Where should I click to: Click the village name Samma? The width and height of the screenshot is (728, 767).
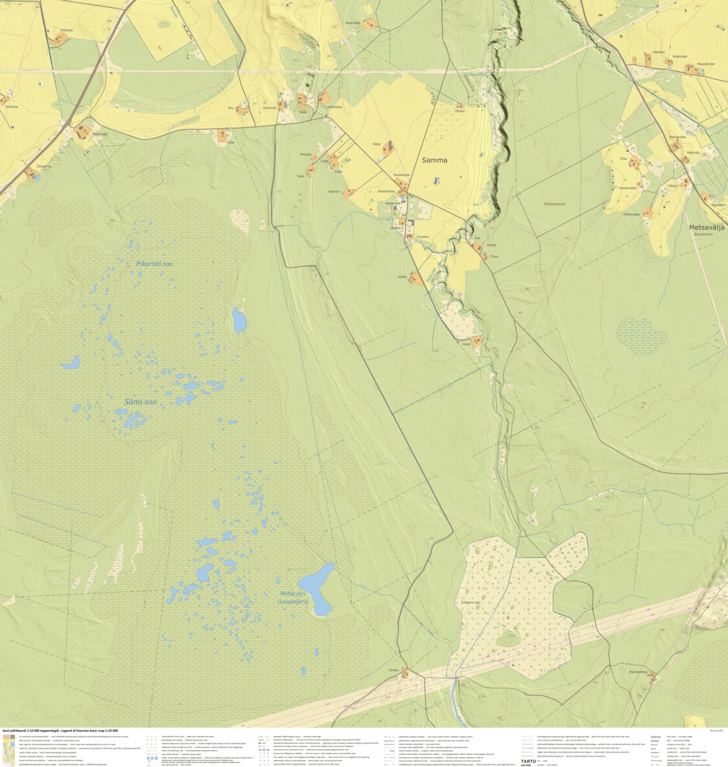pyautogui.click(x=434, y=160)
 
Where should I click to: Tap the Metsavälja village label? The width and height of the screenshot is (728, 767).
pyautogui.click(x=706, y=227)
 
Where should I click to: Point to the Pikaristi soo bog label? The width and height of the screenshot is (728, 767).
pyautogui.click(x=154, y=264)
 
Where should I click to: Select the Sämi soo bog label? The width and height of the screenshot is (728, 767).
pyautogui.click(x=140, y=402)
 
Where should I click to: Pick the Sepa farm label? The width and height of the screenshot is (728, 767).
pyautogui.click(x=376, y=145)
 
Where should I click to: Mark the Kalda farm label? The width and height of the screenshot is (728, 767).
pyautogui.click(x=402, y=277)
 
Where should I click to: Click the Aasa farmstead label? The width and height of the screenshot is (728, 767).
pyautogui.click(x=465, y=344)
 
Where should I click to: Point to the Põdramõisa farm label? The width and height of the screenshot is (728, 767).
pyautogui.click(x=638, y=672)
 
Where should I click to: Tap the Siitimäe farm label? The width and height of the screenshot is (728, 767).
pyautogui.click(x=66, y=30)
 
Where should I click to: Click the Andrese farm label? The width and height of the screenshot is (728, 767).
pyautogui.click(x=11, y=106)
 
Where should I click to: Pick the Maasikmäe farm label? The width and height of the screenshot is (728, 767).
pyautogui.click(x=705, y=63)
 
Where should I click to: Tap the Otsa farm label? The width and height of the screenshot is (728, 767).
pyautogui.click(x=623, y=158)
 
